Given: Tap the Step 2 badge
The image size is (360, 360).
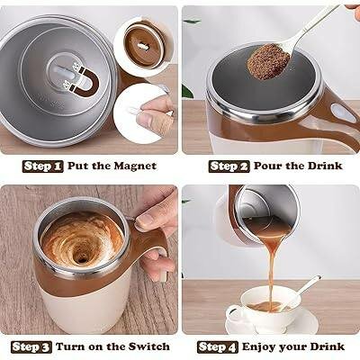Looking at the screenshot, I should tap(229, 166).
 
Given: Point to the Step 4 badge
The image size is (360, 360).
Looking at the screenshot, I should tap(218, 346).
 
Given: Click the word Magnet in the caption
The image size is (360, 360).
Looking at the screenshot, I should tap(133, 166).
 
